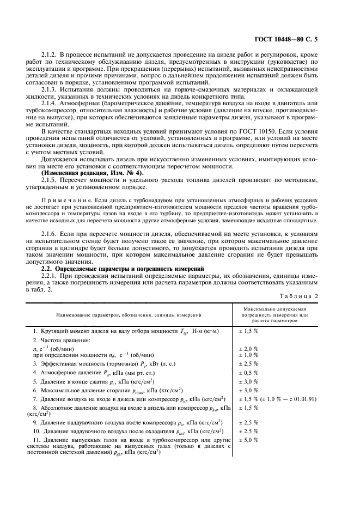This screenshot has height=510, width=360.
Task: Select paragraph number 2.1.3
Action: pyautogui.click(x=50, y=88)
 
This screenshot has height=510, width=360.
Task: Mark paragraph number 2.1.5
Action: pyautogui.click(x=50, y=180)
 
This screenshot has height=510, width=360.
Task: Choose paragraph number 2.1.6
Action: pyautogui.click(x=50, y=233)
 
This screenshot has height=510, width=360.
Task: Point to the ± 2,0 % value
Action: pyautogui.click(x=249, y=348)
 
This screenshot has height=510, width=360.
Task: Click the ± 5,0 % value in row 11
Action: pyautogui.click(x=249, y=439)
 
